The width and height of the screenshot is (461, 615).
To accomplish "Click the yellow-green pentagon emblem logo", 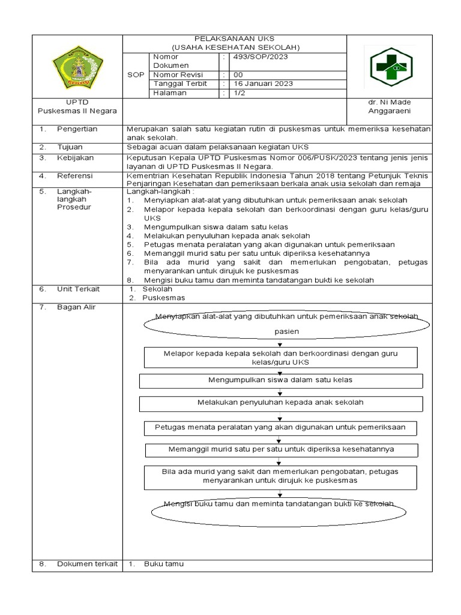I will (77, 67).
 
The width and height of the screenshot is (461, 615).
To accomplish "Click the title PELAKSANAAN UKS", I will (235, 38).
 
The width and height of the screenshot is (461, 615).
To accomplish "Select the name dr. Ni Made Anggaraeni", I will (390, 106).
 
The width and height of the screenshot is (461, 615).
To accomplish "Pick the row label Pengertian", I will (77, 129).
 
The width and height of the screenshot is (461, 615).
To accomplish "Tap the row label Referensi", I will (75, 176).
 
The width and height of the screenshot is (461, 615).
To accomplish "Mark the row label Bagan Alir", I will (76, 307).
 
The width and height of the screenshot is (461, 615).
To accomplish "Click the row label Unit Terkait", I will (78, 289).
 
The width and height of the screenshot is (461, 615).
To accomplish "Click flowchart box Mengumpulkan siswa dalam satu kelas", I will (280, 380).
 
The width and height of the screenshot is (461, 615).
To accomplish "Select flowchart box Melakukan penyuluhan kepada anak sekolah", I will (280, 402).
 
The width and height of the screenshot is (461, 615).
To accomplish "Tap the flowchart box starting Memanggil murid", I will (280, 449).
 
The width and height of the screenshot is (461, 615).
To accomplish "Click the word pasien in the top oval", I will (286, 331).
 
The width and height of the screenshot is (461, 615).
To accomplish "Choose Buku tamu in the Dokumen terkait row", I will (163, 564).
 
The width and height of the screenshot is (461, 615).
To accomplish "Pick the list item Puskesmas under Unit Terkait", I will (163, 298).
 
